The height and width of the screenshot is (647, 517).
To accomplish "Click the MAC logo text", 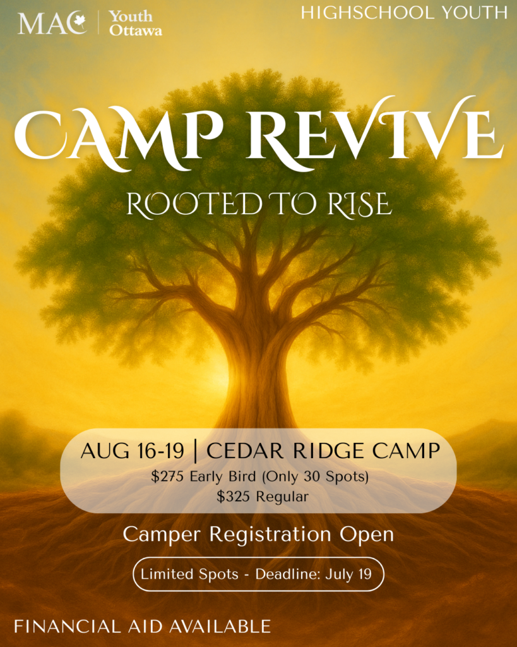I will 52,23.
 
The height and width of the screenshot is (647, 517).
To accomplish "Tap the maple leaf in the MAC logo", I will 80,22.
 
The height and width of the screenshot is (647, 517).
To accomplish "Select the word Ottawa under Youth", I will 135,30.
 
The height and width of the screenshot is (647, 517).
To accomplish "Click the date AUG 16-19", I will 133,452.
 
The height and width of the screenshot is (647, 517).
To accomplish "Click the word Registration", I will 270,535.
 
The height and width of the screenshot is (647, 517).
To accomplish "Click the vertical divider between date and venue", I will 195,452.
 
